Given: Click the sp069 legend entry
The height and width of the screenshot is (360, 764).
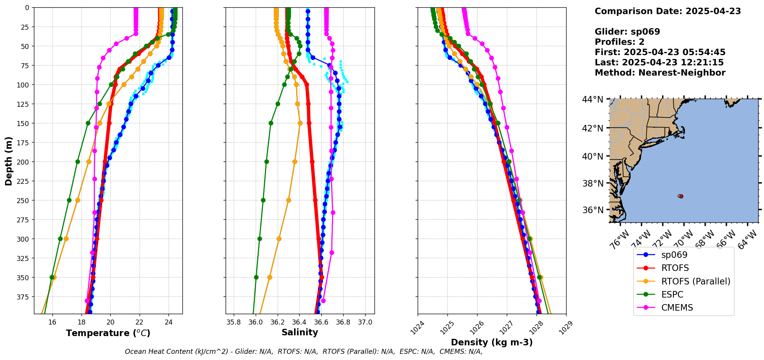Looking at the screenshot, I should tap(674, 255).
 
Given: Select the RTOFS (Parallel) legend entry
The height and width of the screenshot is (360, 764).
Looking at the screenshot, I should tap(695, 281).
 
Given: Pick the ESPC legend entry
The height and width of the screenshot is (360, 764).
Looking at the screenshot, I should tap(672, 294).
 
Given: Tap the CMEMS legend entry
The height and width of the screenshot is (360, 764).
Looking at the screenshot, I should tap(677, 308).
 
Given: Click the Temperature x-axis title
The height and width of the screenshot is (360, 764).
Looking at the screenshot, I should tap(108, 333).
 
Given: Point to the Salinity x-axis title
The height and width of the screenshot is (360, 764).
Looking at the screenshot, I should tap(300, 333).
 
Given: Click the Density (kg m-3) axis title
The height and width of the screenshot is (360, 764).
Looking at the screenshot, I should tap(492, 342).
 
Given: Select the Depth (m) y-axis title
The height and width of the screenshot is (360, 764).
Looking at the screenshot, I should tap(9, 161).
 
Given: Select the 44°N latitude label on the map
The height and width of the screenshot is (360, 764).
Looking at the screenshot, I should tap(592, 99).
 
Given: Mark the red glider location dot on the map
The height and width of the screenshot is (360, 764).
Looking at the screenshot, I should tap(681, 197).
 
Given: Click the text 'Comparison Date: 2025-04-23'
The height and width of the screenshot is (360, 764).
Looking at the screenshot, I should tap(668, 11).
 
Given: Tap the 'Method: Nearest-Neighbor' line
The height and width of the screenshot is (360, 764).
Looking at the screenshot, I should tap(660, 73).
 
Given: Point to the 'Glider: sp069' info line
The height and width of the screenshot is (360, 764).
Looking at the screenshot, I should tap(627, 32).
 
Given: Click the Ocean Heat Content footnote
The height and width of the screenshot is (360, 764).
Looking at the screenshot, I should tap(304, 352).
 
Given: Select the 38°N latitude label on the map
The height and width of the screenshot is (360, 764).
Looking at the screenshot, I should tap(592, 183).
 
